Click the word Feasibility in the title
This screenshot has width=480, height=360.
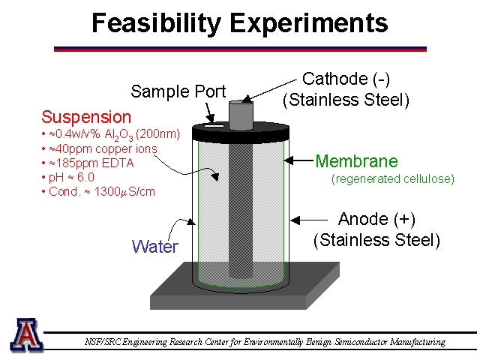pos(156,23)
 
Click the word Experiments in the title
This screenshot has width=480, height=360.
pos(308,24)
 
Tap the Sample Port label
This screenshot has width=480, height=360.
pos(178,91)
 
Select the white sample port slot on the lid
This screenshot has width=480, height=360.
pos(214,125)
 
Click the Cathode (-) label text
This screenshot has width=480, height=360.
pos(346,79)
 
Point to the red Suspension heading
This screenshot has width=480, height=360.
pos(86,117)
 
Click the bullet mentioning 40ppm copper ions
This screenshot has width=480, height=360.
pos(100,149)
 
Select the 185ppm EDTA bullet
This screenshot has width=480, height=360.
pos(88,163)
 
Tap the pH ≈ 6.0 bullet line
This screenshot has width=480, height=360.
pos(68,178)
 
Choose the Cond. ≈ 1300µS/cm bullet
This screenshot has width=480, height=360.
pos(98,192)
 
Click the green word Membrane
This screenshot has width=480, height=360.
pos(357,161)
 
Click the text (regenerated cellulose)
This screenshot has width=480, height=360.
pos(393,179)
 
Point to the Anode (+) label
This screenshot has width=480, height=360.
pos(376,219)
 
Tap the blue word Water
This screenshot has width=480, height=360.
pos(155,247)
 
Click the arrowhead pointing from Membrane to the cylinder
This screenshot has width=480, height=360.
pos(288,160)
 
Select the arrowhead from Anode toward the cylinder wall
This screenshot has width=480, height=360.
pos(295,220)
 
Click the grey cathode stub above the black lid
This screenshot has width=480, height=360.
pos(241,115)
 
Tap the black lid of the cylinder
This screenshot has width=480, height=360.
pos(241,132)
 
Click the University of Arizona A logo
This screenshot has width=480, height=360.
pos(26,334)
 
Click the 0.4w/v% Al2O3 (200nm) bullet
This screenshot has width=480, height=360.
pos(111,135)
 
